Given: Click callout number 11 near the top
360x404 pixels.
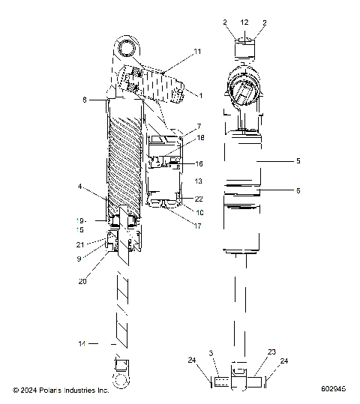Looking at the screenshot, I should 198,51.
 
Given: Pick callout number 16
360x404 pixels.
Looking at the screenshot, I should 199,163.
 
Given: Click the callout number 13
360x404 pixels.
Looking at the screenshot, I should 199,181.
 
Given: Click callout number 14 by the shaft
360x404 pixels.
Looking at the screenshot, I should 82,343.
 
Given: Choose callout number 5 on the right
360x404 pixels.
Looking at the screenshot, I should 298,160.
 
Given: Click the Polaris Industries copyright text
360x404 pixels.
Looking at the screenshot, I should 61,391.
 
